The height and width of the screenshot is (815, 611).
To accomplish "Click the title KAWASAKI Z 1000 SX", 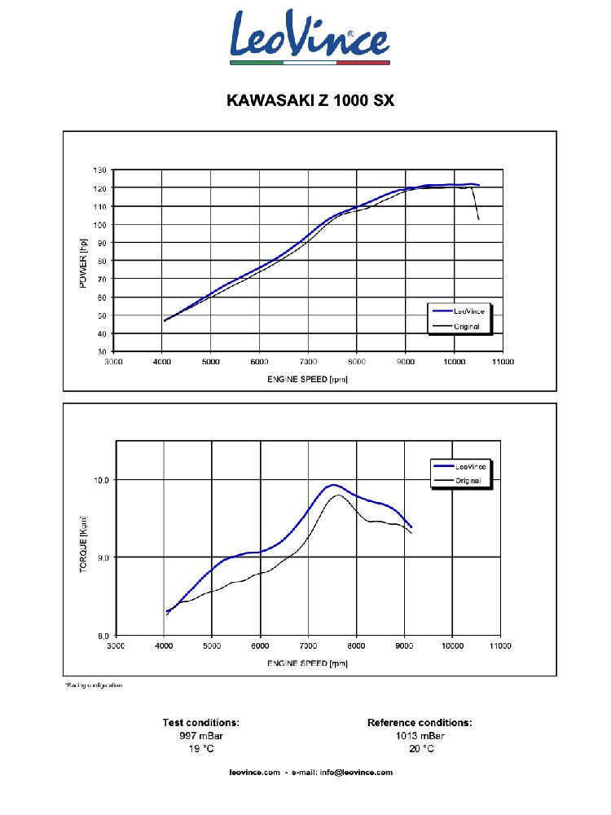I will [x=310, y=102].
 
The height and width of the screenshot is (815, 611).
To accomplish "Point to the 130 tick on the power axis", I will [x=99, y=170].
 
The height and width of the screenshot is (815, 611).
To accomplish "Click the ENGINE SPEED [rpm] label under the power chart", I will [x=308, y=379].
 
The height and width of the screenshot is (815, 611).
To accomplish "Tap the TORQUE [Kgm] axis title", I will [x=83, y=544].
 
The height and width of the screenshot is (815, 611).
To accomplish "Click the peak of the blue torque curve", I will [x=332, y=485].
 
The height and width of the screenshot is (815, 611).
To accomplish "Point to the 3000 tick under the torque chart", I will [x=116, y=645].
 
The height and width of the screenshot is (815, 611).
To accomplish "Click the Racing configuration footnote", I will [x=93, y=685].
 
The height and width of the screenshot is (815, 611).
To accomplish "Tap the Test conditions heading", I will [x=200, y=722].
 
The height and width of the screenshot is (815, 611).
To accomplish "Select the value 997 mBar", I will [x=200, y=735].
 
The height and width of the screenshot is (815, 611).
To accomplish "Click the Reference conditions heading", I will [x=420, y=722].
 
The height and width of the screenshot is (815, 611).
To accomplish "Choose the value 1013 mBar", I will [x=420, y=735].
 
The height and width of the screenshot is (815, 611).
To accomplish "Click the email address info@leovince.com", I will [x=356, y=772].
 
